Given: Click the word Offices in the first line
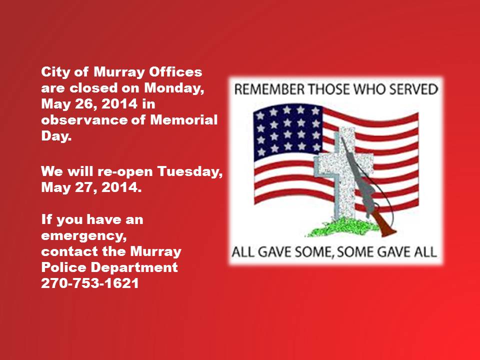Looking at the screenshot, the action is tap(175, 72).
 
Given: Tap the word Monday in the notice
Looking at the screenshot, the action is tap(174, 88).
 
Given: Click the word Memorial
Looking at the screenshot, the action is tap(183, 119).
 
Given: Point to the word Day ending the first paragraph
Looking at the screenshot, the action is tap(56, 135).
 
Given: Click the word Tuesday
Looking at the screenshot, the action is tap(190, 171).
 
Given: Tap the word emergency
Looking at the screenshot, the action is tap(83, 235).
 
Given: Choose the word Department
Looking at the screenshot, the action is tap(134, 267).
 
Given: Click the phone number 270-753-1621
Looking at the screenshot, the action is tap(90, 283).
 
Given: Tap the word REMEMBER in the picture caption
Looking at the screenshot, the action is tap(269, 89).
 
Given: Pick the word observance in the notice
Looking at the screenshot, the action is tap(84, 119).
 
